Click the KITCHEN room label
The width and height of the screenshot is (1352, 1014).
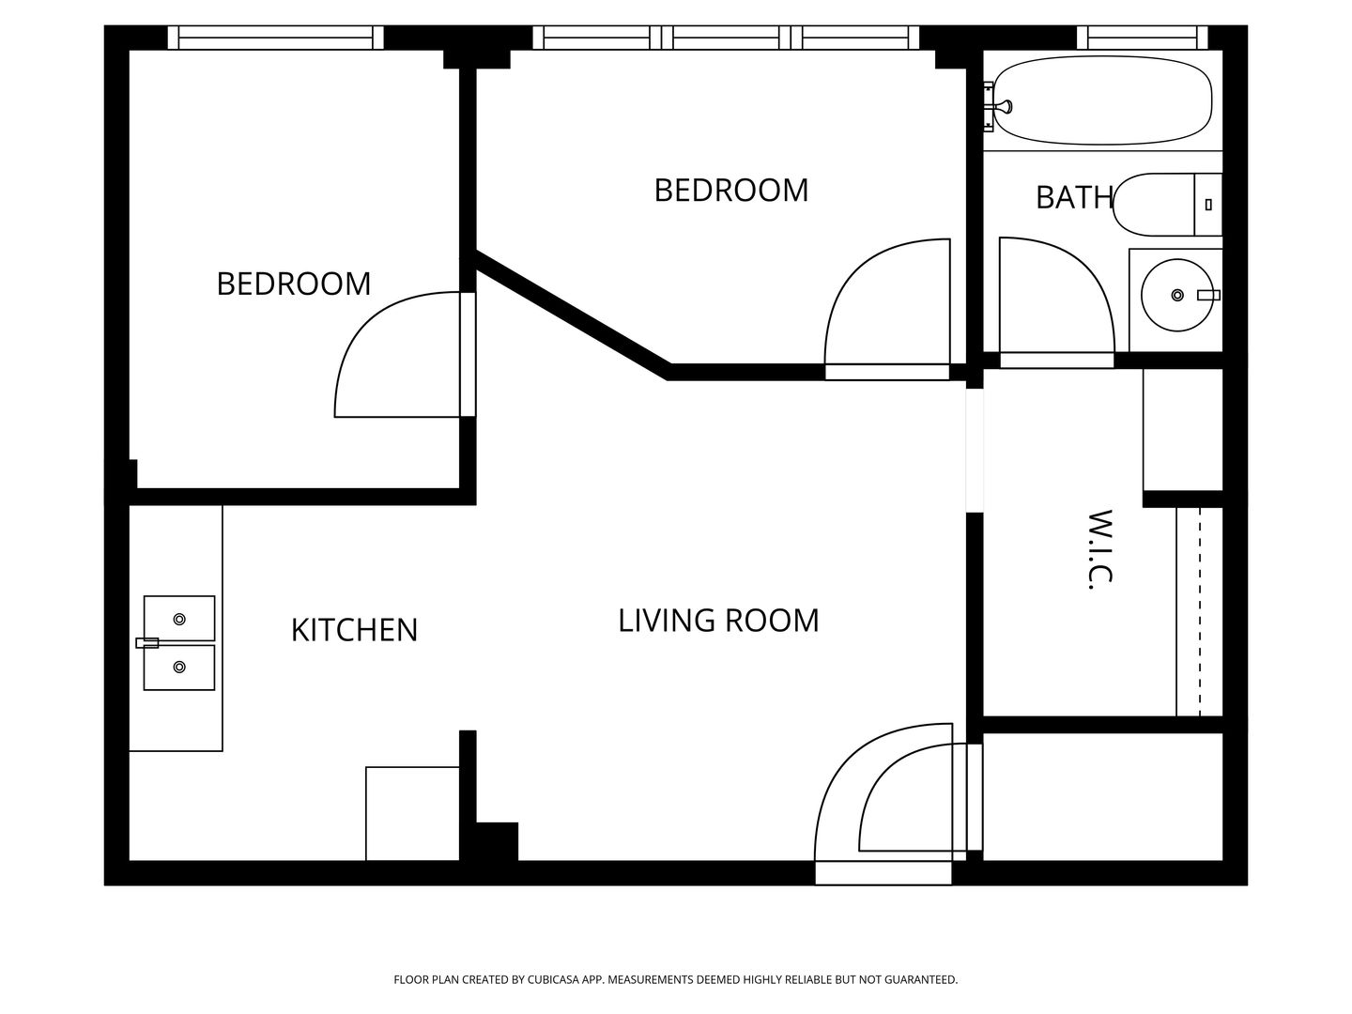[x=354, y=630]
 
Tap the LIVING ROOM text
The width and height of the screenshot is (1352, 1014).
[x=718, y=620]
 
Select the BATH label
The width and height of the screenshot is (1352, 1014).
[x=1074, y=197]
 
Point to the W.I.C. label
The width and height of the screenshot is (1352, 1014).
[x=1098, y=549]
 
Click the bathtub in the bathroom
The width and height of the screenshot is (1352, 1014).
[x=1102, y=100]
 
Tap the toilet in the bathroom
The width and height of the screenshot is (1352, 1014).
[x=1167, y=205]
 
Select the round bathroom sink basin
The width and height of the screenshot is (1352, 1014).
[x=1177, y=295]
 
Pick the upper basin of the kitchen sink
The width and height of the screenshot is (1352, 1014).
[x=179, y=618]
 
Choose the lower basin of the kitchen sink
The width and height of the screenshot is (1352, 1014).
[x=179, y=668]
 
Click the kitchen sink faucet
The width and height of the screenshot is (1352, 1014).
[x=147, y=643]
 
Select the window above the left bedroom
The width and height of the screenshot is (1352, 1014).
[x=275, y=38]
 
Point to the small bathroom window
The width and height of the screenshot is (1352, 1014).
[x=1143, y=38]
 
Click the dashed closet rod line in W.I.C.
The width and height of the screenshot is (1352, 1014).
[x=1200, y=612]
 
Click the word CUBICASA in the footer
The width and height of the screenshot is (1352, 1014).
[x=553, y=979]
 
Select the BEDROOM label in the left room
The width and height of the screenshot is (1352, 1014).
[x=294, y=284]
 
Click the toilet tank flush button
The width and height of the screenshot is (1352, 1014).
[x=1208, y=205]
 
